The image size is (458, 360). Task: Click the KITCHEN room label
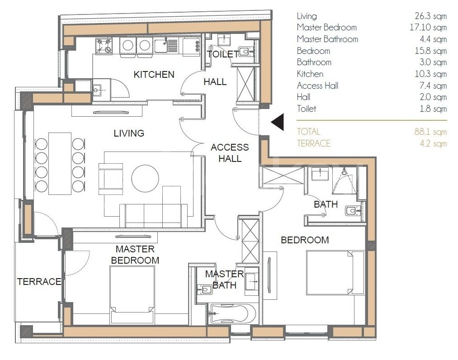pyautogui.click(x=154, y=75)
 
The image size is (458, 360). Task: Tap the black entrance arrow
pyautogui.click(x=278, y=122)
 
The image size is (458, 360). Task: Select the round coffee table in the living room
pyautogui.click(x=145, y=178)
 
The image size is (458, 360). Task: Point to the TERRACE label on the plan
pyautogui.click(x=39, y=281)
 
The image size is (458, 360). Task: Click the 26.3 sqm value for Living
pyautogui.click(x=430, y=16)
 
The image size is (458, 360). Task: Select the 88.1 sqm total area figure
pyautogui.click(x=430, y=132)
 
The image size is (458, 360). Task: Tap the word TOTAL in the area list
pyautogui.click(x=308, y=132)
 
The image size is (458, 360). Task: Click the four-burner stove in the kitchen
pyautogui.click(x=104, y=46)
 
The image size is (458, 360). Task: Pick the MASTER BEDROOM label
pyautogui.click(x=135, y=255)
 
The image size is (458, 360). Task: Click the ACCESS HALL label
pyautogui.click(x=230, y=153)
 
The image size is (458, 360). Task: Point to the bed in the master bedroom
pyautogui.click(x=132, y=294)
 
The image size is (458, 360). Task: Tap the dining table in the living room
pyautogui.click(x=60, y=164)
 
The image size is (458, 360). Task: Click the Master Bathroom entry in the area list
pyautogui.click(x=327, y=39)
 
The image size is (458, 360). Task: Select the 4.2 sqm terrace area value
pyautogui.click(x=433, y=143)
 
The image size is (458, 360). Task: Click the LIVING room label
pyautogui.click(x=129, y=133)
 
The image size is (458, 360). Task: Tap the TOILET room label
pyautogui.click(x=223, y=54)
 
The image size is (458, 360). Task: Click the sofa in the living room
pyautogui.click(x=153, y=216)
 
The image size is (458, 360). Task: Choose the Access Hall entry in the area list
pyautogui.click(x=317, y=85)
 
